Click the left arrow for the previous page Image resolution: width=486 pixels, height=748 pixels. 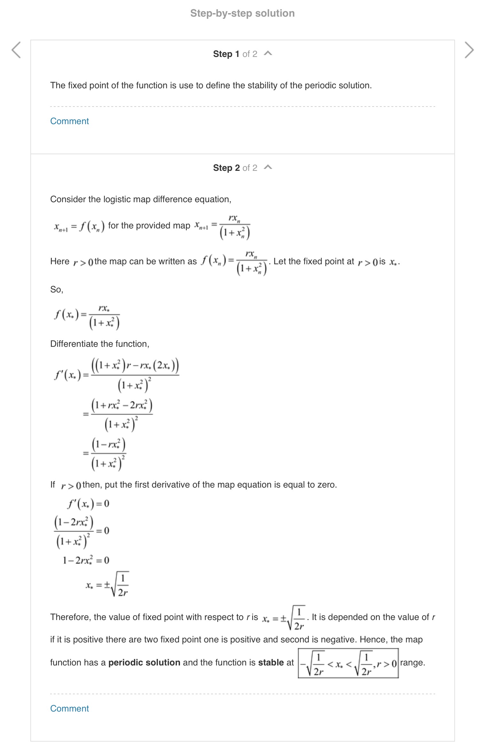click(16, 50)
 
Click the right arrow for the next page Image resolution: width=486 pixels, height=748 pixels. click(469, 50)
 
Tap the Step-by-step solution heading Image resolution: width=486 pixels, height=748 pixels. click(242, 13)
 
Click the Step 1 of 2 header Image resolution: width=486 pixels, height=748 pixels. click(235, 54)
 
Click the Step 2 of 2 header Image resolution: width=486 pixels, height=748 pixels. click(235, 168)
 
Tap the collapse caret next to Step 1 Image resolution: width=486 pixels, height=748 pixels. click(268, 53)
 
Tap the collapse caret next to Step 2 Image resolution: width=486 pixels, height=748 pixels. click(268, 167)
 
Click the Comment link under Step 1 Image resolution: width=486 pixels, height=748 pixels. click(69, 121)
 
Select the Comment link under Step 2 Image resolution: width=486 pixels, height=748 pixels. click(69, 709)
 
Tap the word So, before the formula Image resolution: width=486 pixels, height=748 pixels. click(57, 290)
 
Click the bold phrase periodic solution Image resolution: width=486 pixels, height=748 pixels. click(144, 663)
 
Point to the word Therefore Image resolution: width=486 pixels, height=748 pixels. click(70, 617)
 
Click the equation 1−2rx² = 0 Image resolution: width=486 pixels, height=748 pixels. click(86, 560)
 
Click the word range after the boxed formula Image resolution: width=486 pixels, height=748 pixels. click(412, 663)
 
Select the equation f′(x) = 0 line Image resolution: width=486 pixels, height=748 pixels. click(88, 504)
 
